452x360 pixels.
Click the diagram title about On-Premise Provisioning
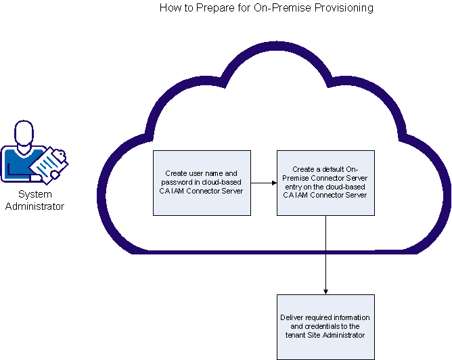point(266,8)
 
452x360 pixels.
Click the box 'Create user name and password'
point(202,183)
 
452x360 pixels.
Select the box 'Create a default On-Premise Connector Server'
point(325,183)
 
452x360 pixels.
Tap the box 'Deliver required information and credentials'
point(325,326)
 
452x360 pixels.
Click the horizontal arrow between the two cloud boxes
point(263,183)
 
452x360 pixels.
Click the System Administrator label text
point(35,200)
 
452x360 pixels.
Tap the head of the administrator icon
point(24,132)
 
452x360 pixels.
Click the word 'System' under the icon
point(35,194)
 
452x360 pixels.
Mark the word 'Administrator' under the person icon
point(35,206)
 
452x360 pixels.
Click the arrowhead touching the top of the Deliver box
point(326,291)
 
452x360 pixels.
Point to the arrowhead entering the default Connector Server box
point(273,183)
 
